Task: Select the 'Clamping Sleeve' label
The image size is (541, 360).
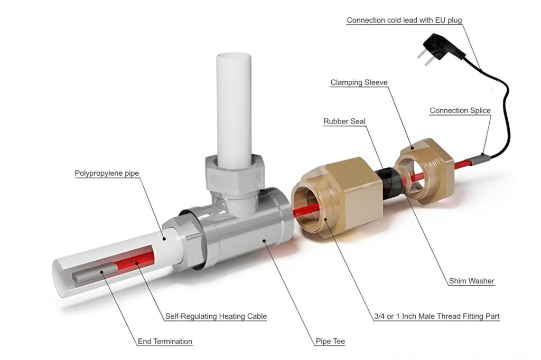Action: (359, 82)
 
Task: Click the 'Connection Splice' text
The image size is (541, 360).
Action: (460, 110)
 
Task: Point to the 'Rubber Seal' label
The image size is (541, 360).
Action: (344, 121)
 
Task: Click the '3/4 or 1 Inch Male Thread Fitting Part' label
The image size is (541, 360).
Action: (436, 316)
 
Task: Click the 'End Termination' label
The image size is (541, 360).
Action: (165, 341)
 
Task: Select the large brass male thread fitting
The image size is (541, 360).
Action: (338, 195)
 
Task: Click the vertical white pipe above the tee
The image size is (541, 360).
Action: (234, 106)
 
